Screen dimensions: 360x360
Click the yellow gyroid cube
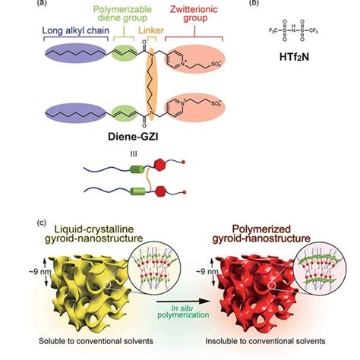(99, 292)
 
